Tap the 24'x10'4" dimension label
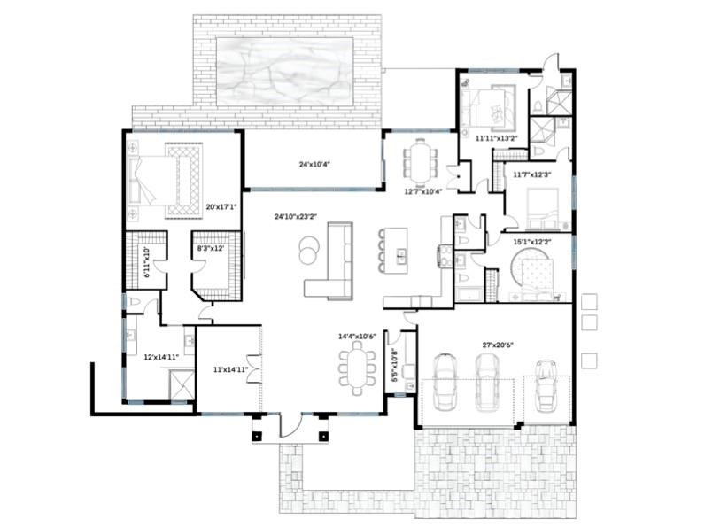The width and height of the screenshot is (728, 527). pyautogui.click(x=314, y=165)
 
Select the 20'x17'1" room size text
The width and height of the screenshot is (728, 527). pyautogui.click(x=219, y=207)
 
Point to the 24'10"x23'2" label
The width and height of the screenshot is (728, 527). pyautogui.click(x=294, y=216)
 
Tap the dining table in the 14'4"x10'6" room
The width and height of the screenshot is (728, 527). pyautogui.click(x=357, y=369)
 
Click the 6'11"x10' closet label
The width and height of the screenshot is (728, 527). pyautogui.click(x=148, y=264)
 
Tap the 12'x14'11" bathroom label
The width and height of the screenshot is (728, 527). pyautogui.click(x=161, y=357)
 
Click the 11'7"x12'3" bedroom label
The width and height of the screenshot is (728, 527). pyautogui.click(x=532, y=174)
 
